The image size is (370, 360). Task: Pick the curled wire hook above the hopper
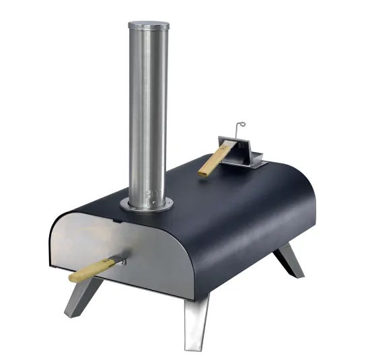[x=239, y=127]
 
